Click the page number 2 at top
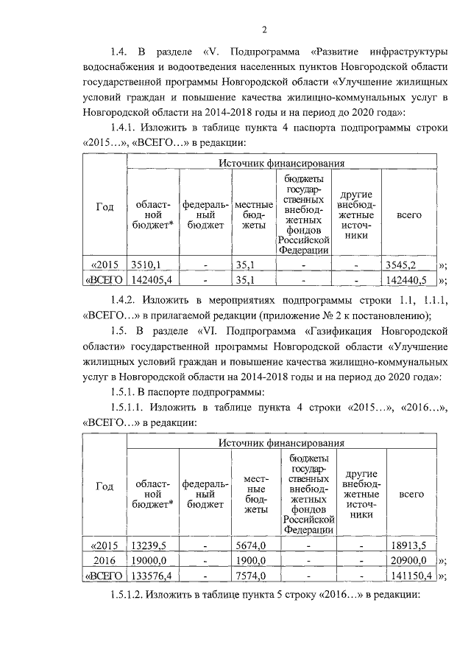pos(263,29)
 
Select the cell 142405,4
pos(152,280)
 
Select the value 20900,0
pos(408,561)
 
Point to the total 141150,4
pos(409,576)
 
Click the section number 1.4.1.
pos(123,128)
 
